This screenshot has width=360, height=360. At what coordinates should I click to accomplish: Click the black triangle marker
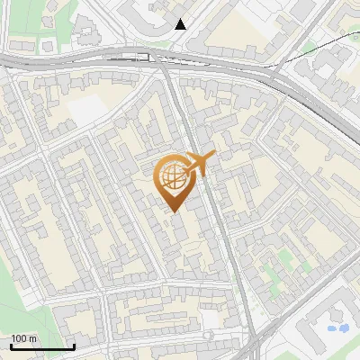[x=181, y=24]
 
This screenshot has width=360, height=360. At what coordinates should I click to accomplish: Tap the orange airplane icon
[x=200, y=164]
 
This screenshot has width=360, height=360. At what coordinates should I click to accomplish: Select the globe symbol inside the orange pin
[x=172, y=176]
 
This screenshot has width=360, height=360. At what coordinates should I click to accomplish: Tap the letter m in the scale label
[x=33, y=338]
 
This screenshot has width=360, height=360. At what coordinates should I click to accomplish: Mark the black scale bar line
[x=42, y=346]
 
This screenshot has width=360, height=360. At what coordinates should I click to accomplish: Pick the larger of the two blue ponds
[x=341, y=328]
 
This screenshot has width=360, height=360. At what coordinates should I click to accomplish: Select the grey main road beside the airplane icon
[x=216, y=207]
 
